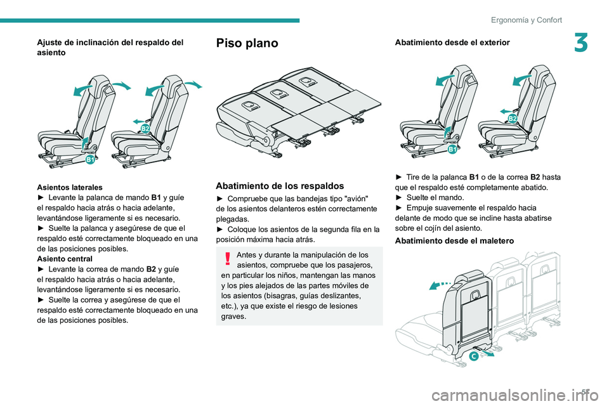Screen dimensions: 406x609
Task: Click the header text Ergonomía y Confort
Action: (527, 20)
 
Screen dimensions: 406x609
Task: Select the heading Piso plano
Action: (247, 43)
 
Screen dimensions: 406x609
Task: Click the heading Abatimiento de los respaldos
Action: (280, 186)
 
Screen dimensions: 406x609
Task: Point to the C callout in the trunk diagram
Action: (475, 357)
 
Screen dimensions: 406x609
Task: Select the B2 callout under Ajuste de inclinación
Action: (145, 129)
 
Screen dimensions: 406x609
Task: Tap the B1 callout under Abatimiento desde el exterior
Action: (452, 150)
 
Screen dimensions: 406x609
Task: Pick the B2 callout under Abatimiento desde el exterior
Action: (512, 119)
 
